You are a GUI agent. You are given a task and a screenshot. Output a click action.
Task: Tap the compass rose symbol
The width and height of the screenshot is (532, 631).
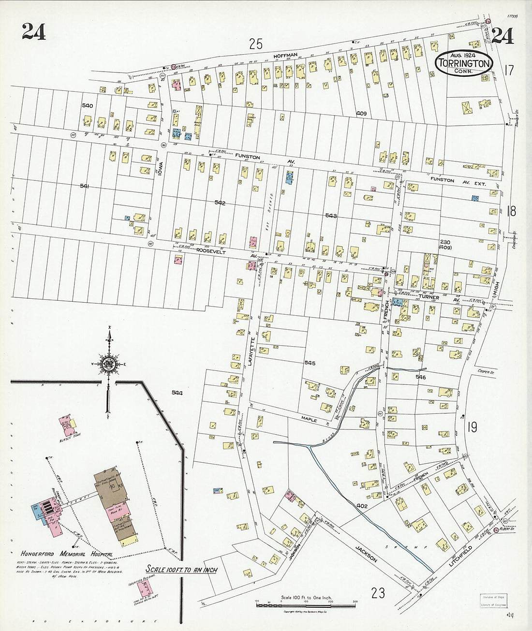pos(110,364)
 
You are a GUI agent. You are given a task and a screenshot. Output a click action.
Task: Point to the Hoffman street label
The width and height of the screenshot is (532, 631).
pos(285,56)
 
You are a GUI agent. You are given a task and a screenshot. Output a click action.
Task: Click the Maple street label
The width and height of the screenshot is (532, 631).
pos(308,420)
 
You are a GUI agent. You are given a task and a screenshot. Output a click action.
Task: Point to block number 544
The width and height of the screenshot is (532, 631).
pos(177,393)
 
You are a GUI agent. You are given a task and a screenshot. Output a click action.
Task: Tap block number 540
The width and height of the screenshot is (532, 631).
pos(87,105)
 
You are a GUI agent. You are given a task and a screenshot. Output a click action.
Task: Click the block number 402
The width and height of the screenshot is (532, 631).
pos(363,506)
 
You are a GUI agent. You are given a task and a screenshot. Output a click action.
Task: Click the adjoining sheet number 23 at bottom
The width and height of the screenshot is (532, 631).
pos(378,592)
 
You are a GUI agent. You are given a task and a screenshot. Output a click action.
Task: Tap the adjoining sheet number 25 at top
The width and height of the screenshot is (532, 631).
pos(256,44)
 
